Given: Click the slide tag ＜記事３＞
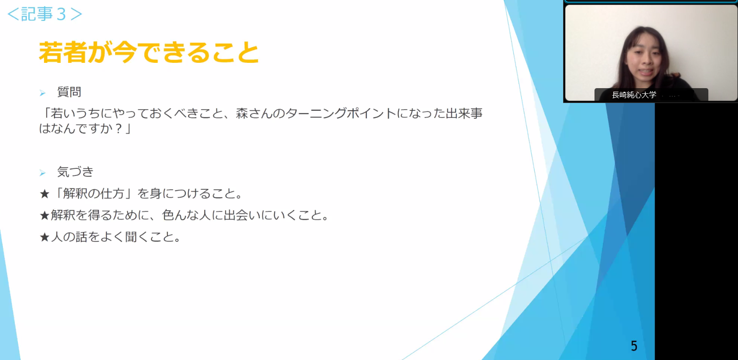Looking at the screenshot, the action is [45, 14].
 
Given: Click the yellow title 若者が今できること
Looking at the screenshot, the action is [149, 52].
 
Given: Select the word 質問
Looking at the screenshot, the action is [69, 92].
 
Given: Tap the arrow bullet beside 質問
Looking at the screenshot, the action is [42, 93].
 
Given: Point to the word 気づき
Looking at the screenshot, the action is [75, 172].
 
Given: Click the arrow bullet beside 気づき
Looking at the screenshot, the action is [42, 173].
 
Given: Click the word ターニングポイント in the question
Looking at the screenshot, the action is [341, 113].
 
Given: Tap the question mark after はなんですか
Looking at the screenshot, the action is [119, 128].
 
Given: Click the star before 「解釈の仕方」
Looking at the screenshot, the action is [44, 194].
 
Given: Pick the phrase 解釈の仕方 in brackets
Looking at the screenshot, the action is [94, 193].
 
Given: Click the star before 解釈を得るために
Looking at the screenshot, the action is [44, 216].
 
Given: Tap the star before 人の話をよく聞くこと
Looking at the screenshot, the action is [44, 237].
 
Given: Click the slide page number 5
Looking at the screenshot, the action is [634, 346].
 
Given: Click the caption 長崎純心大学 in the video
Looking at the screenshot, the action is [634, 95].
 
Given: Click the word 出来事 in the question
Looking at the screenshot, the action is [464, 113].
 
